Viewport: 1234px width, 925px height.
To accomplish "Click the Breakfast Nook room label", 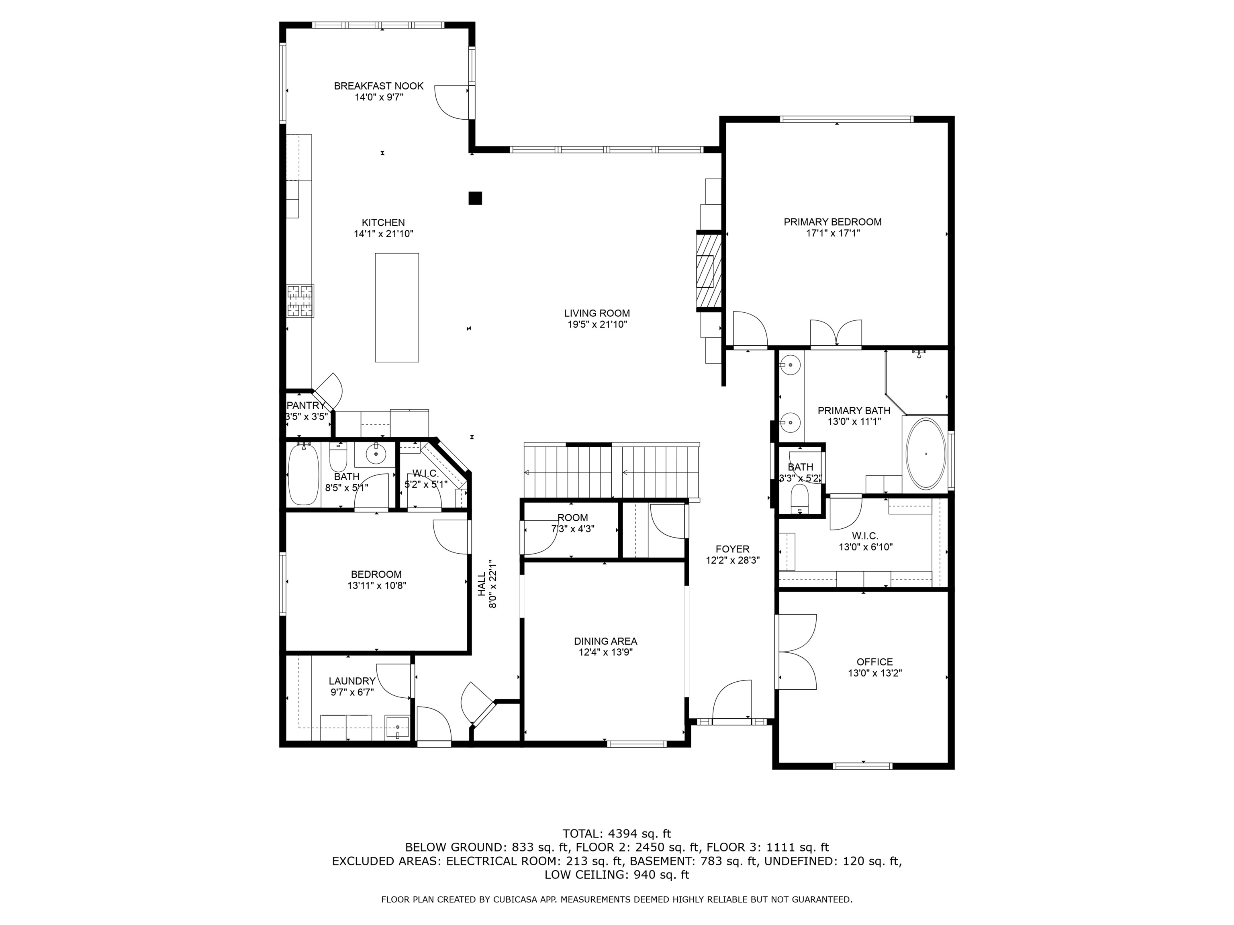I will click(378, 86).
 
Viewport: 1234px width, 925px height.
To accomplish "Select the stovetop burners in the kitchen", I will click(300, 301).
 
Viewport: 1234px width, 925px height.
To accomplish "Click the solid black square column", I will click(475, 198).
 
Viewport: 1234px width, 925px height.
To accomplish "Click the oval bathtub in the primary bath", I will click(925, 453).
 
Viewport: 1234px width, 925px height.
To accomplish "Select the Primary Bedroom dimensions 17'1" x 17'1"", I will click(832, 233).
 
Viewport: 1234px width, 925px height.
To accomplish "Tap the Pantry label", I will click(305, 405).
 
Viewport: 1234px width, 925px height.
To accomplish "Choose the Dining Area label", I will click(605, 641).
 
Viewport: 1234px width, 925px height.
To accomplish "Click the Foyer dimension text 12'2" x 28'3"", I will click(732, 560).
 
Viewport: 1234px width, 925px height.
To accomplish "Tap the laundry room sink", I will click(398, 727).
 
